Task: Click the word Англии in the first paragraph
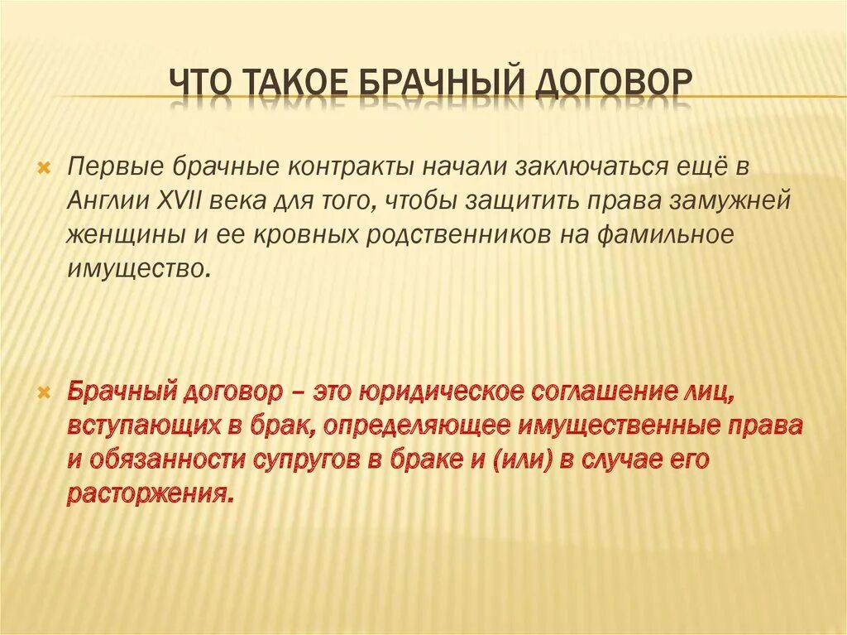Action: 108,200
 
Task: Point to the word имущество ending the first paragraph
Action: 135,269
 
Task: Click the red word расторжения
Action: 146,495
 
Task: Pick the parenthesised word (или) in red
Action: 562,460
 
